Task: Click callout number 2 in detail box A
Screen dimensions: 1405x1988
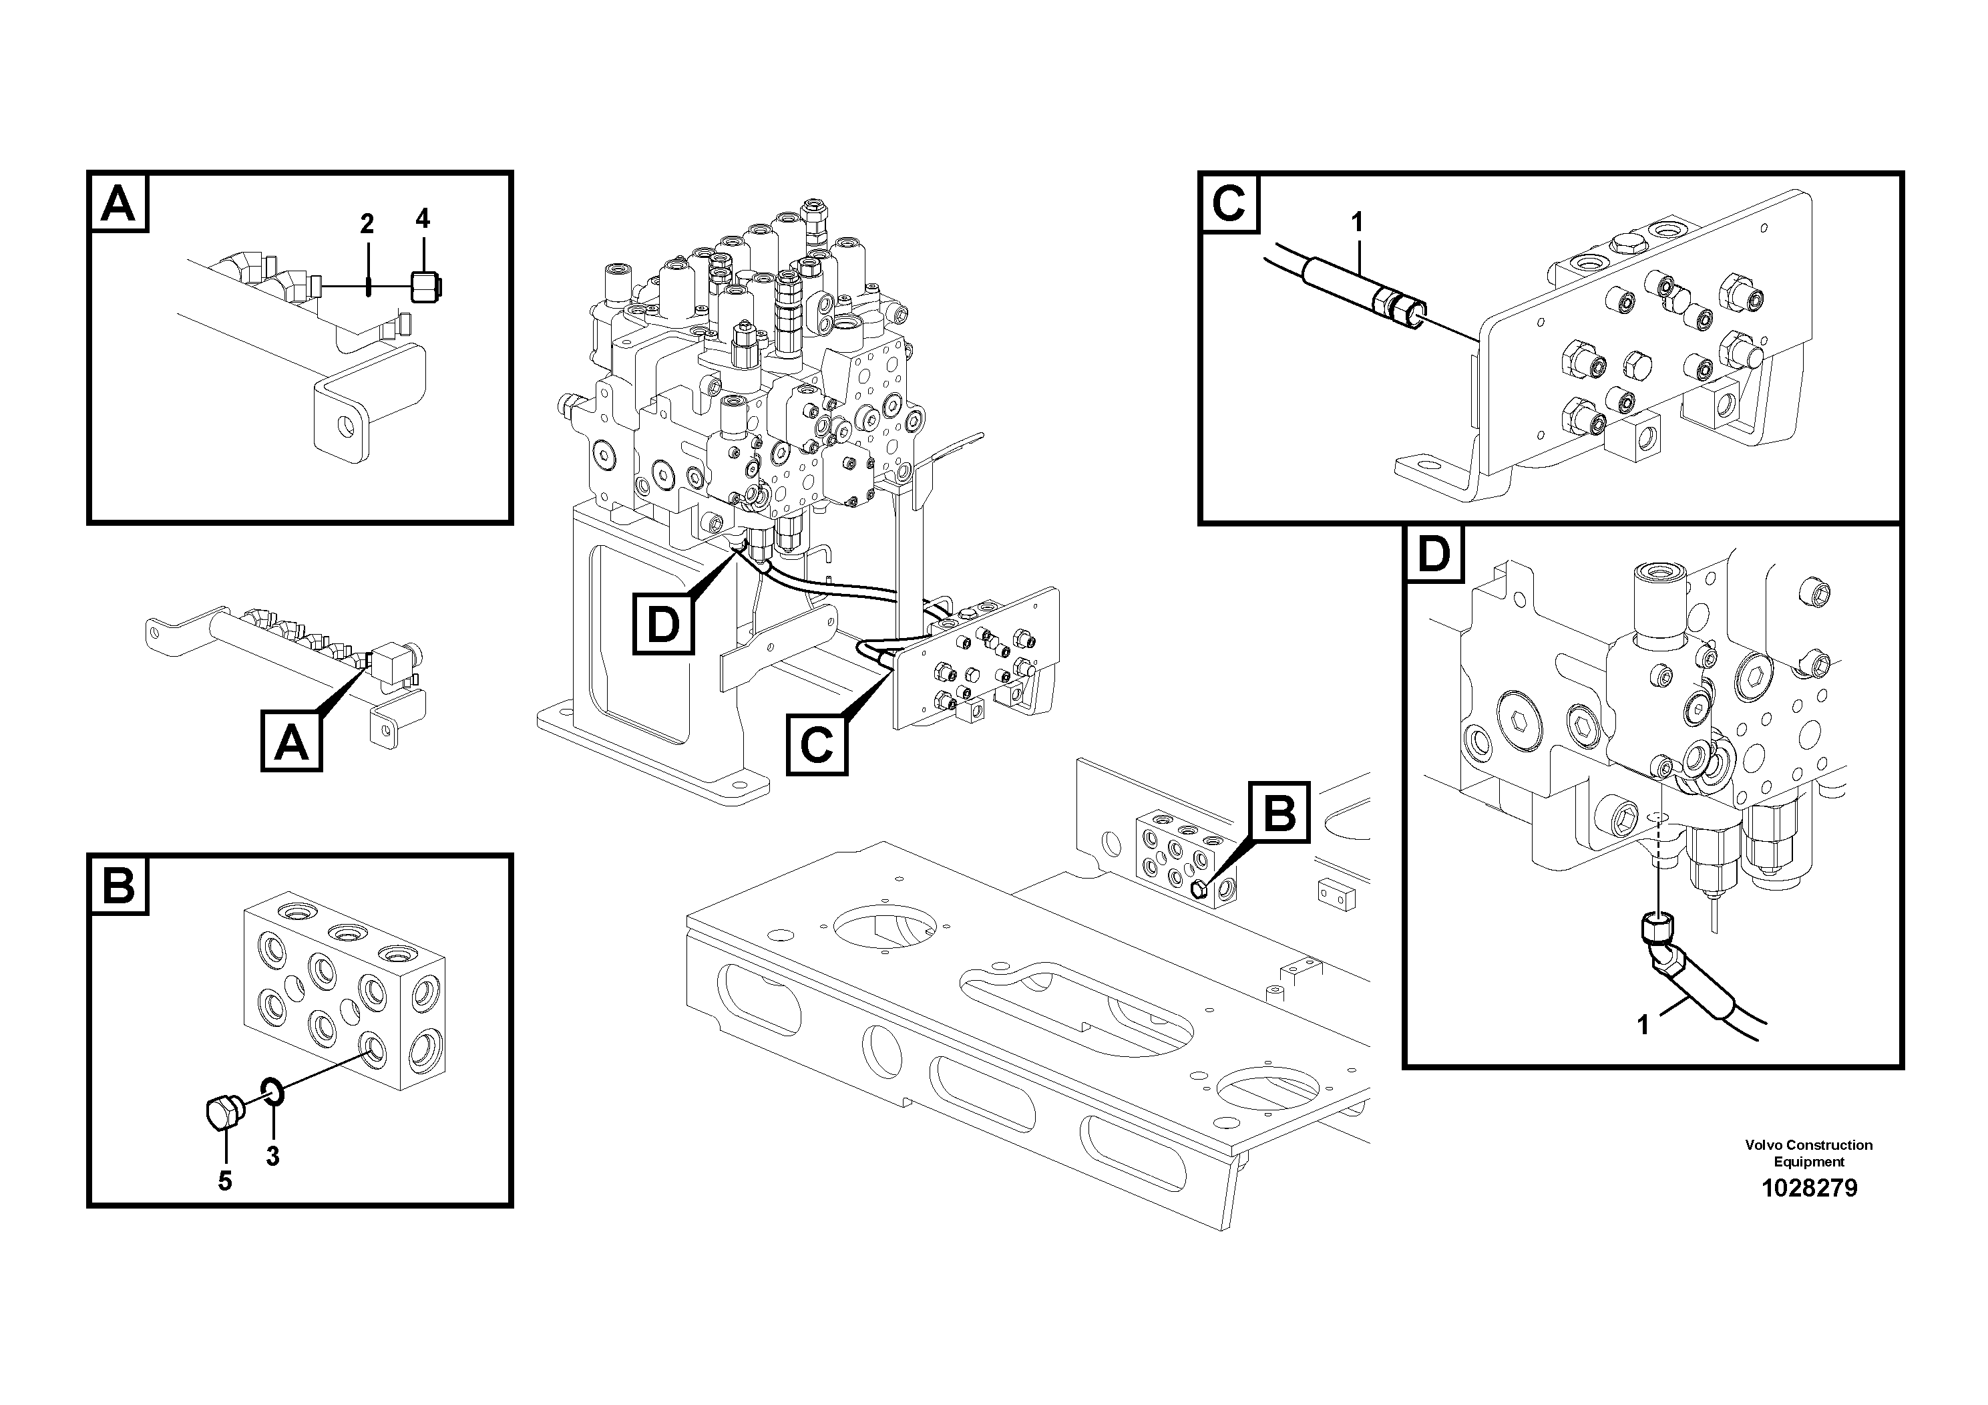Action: click(367, 224)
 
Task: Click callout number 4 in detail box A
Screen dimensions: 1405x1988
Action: click(423, 218)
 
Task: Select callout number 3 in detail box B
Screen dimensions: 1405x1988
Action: click(272, 1156)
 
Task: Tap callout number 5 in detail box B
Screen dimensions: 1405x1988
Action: click(225, 1181)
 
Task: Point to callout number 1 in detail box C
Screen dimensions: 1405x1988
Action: click(1357, 222)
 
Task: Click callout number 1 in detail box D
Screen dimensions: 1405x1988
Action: click(1643, 1026)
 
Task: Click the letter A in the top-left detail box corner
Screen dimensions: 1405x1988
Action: click(119, 204)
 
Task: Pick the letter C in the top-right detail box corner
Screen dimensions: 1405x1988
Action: click(1229, 205)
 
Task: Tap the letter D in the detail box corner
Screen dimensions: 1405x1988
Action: click(1434, 555)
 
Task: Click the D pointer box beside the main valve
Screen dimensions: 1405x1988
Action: click(663, 624)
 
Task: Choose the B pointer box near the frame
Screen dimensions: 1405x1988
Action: click(1279, 812)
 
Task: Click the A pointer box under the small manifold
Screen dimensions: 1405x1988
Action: click(292, 742)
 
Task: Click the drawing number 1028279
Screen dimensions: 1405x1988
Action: click(1809, 1189)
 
